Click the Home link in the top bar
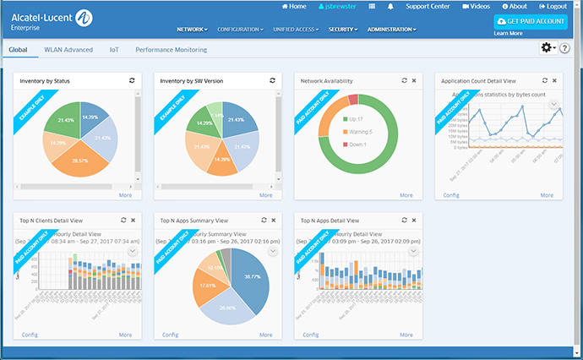pyautogui.click(x=292, y=6)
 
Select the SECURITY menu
pyautogui.click(x=342, y=29)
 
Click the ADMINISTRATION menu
pyautogui.click(x=391, y=29)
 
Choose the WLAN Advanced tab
pyautogui.click(x=68, y=50)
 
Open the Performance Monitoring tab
pyautogui.click(x=171, y=50)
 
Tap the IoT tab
pyautogui.click(x=114, y=50)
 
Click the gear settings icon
pyautogui.click(x=547, y=49)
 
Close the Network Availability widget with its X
pyautogui.click(x=413, y=80)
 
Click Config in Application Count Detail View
pyautogui.click(x=451, y=194)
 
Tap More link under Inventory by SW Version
pyautogui.click(x=266, y=194)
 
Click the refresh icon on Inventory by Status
pyautogui.click(x=131, y=80)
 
